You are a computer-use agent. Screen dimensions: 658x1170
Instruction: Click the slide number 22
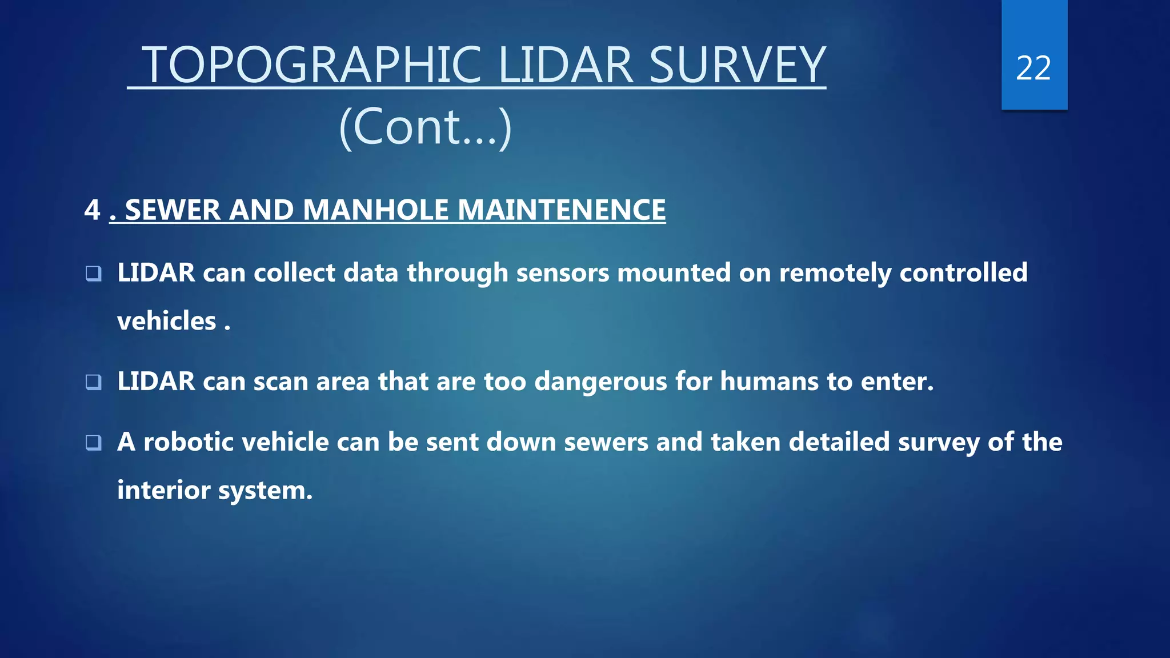click(x=1033, y=69)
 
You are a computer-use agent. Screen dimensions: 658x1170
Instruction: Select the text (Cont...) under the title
click(x=425, y=127)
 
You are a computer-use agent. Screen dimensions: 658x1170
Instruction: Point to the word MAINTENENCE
click(x=562, y=210)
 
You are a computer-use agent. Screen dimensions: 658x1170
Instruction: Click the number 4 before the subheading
click(x=91, y=210)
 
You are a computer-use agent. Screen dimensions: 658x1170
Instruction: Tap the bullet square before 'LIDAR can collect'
click(x=94, y=274)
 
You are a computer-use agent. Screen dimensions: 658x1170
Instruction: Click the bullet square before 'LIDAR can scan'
click(x=94, y=382)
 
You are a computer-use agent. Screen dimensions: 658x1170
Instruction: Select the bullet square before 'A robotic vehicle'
click(x=94, y=442)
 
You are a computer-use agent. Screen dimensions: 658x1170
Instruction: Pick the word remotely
click(x=835, y=273)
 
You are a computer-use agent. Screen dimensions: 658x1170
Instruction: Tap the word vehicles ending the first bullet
click(x=167, y=321)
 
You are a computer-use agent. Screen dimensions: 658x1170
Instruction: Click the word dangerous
click(x=600, y=382)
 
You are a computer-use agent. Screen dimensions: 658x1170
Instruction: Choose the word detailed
click(x=839, y=442)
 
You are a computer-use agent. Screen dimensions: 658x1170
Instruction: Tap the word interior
click(x=163, y=491)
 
